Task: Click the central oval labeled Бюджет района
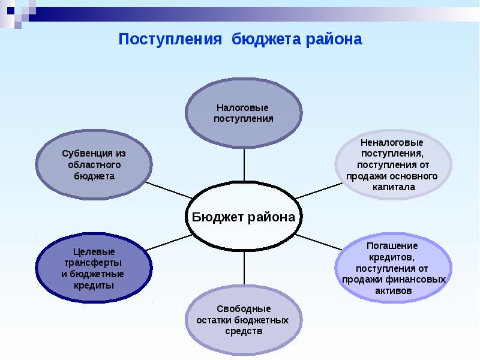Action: [x=244, y=217]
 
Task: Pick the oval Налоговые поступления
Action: [x=244, y=112]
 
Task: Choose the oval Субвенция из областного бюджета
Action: [x=94, y=165]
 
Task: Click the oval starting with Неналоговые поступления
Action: [x=392, y=165]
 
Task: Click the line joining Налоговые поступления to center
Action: [x=244, y=163]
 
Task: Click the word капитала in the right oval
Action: [x=392, y=187]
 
